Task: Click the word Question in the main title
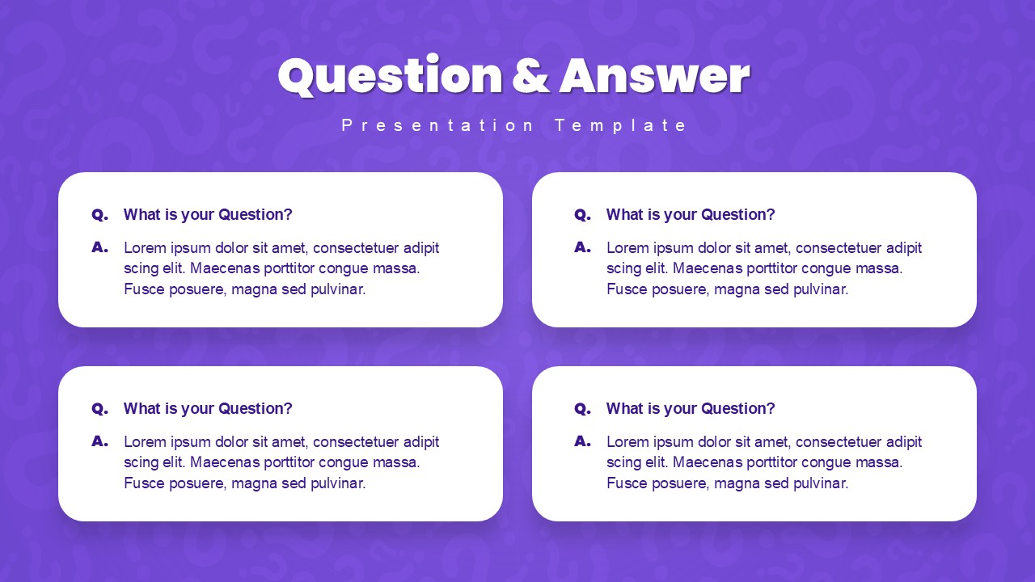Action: (x=390, y=76)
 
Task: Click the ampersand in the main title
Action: (x=530, y=76)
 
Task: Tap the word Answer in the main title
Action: (x=654, y=76)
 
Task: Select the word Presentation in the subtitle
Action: (x=437, y=125)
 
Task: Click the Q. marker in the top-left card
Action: (x=99, y=215)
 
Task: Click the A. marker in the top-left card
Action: (x=99, y=247)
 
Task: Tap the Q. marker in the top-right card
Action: (x=582, y=215)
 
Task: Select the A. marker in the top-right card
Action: (x=582, y=247)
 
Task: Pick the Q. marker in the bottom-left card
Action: (x=99, y=409)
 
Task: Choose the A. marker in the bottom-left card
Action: (x=99, y=441)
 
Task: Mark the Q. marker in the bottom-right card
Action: (x=582, y=409)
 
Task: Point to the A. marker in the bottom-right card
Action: (x=582, y=441)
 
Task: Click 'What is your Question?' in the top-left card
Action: (x=208, y=215)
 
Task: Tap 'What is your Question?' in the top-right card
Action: (x=691, y=215)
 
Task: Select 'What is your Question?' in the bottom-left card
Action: (x=208, y=409)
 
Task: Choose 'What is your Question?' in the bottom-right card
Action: (x=691, y=409)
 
